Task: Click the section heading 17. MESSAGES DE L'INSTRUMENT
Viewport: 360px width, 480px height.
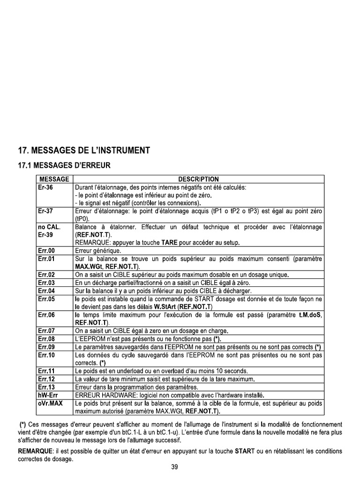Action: click(x=83, y=150)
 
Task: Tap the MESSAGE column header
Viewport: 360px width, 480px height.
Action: click(x=54, y=179)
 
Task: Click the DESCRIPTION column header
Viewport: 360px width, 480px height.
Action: click(x=198, y=179)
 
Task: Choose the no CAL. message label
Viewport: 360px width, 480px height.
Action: click(x=49, y=227)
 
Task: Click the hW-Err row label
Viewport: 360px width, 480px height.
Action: click(x=47, y=395)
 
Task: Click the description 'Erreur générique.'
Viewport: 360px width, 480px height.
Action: click(x=98, y=251)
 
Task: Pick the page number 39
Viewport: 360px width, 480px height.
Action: click(x=175, y=467)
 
